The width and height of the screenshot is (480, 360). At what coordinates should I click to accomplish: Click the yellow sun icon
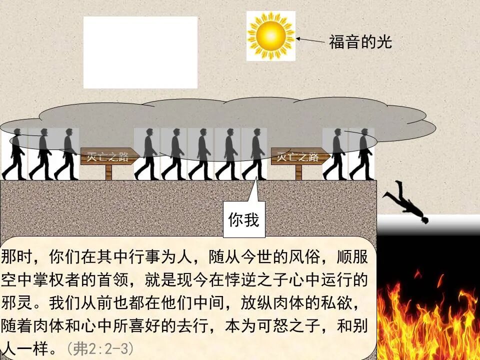pos(271,35)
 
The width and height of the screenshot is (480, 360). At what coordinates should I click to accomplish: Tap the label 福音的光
pos(360,42)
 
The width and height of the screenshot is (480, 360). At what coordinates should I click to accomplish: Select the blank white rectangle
pos(140,52)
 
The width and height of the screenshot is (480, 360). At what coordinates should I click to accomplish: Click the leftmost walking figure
pos(15,154)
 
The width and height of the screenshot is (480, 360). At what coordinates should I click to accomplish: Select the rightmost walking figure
pos(362,154)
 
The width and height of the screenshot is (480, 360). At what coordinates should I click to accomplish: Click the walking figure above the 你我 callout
pos(254,154)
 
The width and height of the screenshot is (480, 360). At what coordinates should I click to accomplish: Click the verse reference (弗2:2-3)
pos(99,348)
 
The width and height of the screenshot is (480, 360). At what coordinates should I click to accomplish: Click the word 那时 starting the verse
pos(15,258)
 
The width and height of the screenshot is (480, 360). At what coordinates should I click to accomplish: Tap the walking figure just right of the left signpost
pos(147,154)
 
